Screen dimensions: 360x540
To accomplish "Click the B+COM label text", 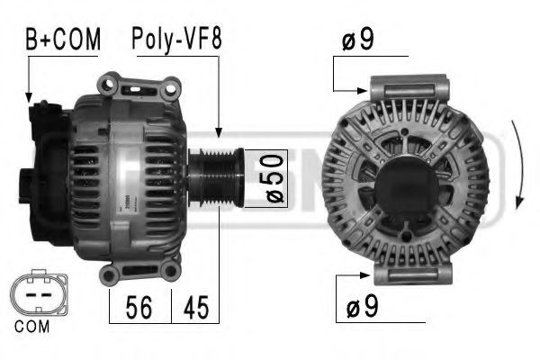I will tap(61, 39).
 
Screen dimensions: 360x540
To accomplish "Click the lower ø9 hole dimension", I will tap(360, 308).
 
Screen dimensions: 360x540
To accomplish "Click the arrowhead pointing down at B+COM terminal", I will tap(29, 96).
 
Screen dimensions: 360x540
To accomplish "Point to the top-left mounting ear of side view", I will tap(111, 85).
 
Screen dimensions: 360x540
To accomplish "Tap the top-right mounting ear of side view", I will tap(168, 87).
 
